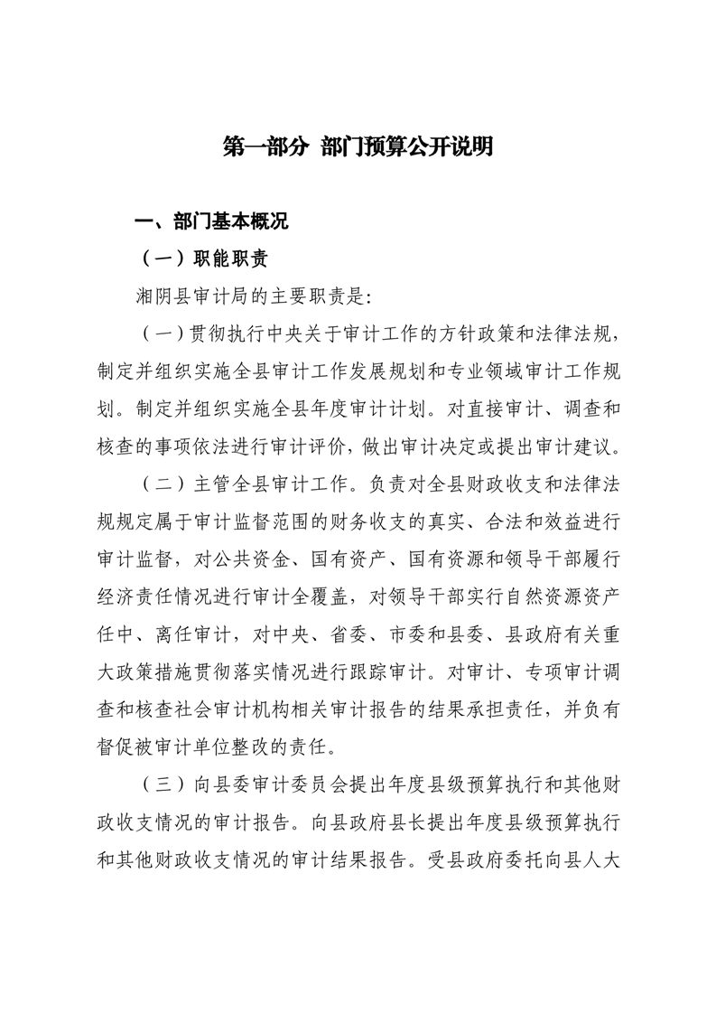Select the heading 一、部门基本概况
pyautogui.click(x=210, y=223)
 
